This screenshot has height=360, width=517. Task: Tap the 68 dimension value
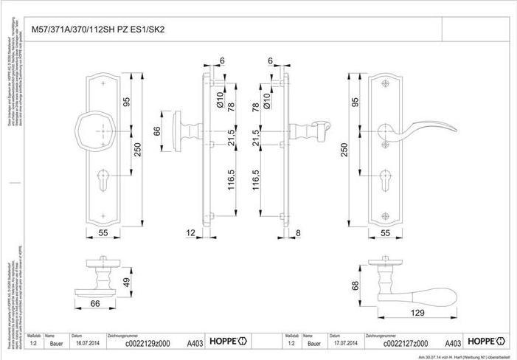[356, 285]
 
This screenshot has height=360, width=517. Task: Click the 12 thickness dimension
[191, 233]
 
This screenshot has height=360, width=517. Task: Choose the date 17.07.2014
[344, 342]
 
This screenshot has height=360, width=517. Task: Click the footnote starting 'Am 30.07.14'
[464, 356]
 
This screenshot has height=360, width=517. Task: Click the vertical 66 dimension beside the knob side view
[157, 131]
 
